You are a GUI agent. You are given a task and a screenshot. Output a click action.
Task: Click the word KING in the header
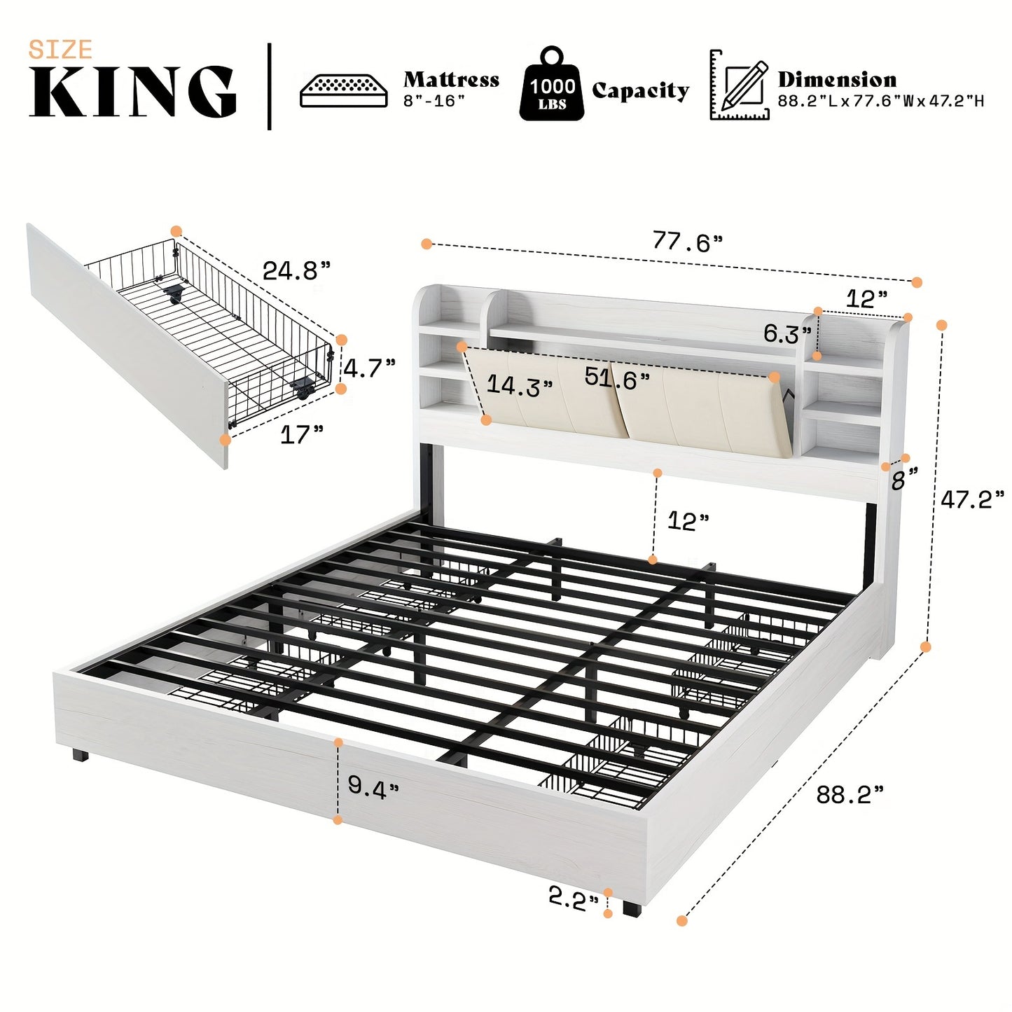pyautogui.click(x=132, y=92)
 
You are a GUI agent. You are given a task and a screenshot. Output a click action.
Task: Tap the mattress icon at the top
pyautogui.click(x=343, y=90)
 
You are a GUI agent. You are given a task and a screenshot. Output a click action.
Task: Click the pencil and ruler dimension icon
pyautogui.click(x=740, y=85)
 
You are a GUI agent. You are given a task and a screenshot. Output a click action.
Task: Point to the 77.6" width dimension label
pyautogui.click(x=687, y=242)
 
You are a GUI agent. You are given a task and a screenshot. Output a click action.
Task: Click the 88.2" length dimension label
pyautogui.click(x=850, y=794)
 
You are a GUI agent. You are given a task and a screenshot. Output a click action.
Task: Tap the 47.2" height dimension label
pyautogui.click(x=971, y=499)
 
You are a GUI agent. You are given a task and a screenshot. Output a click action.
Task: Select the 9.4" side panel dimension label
pyautogui.click(x=373, y=787)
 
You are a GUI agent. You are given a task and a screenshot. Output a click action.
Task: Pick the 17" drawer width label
pyautogui.click(x=301, y=434)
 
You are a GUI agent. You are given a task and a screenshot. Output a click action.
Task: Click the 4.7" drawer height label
pyautogui.click(x=369, y=367)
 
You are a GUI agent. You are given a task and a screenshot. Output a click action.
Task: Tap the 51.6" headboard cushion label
pyautogui.click(x=617, y=378)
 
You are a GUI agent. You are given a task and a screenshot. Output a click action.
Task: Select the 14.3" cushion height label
pyautogui.click(x=520, y=385)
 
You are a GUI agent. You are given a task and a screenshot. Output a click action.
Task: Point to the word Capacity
pyautogui.click(x=640, y=90)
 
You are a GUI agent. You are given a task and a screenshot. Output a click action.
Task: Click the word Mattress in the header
pyautogui.click(x=451, y=79)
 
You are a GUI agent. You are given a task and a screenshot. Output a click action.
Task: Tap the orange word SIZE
pyautogui.click(x=60, y=50)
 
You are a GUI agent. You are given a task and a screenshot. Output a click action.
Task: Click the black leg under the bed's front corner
pyautogui.click(x=630, y=908)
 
